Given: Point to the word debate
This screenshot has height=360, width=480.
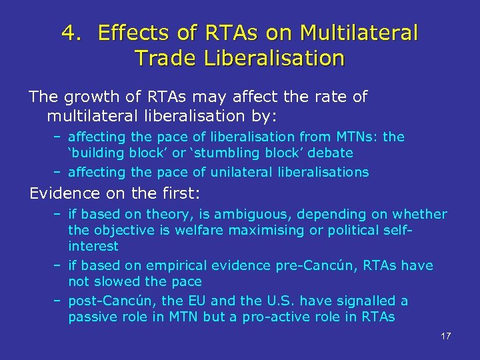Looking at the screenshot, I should click(x=329, y=153).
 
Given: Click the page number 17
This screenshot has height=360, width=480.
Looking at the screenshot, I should click(x=445, y=335).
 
